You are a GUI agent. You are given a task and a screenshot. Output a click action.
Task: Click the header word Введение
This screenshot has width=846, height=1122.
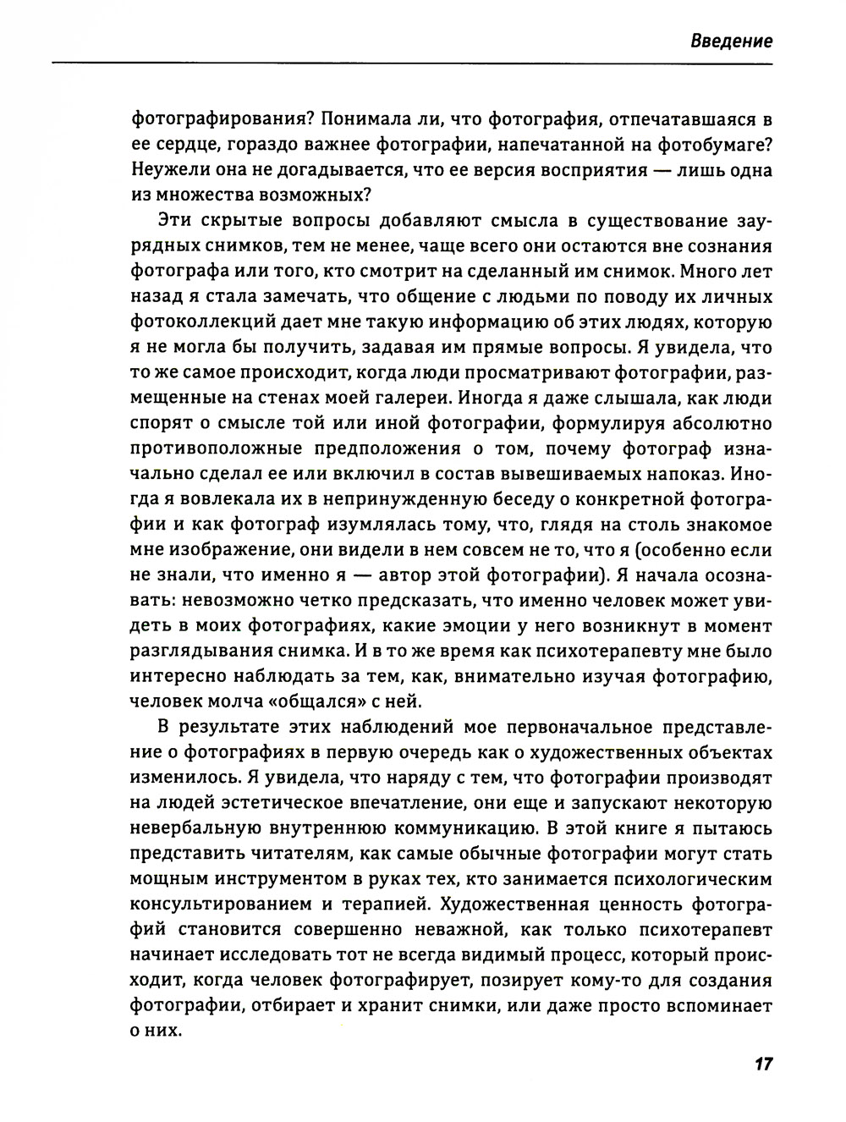click(x=730, y=41)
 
